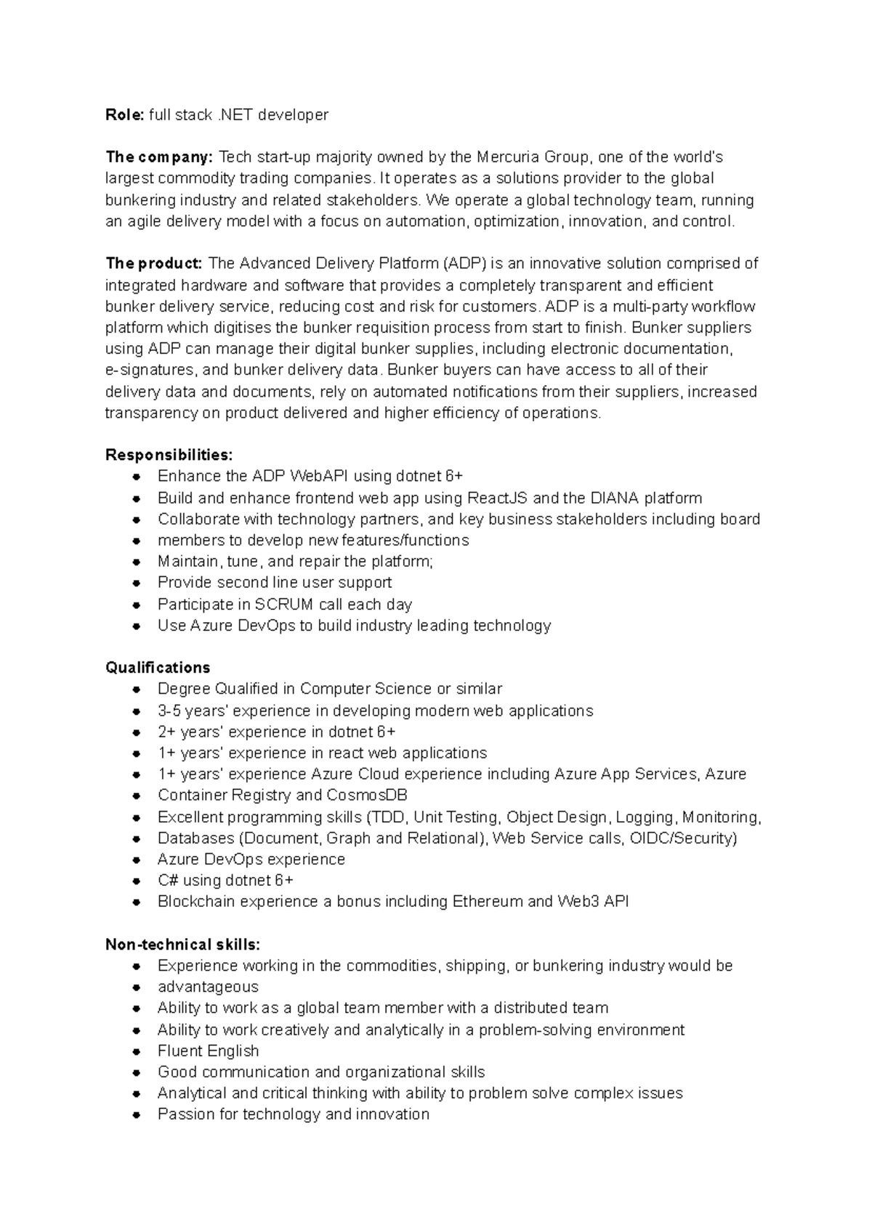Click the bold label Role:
click(125, 115)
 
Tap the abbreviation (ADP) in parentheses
click(464, 263)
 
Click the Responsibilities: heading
click(169, 455)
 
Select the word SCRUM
click(283, 605)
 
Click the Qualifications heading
click(158, 667)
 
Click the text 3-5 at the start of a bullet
click(169, 711)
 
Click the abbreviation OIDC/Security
click(683, 838)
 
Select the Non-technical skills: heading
click(182, 945)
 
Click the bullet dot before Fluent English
click(136, 1052)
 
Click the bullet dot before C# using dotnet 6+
click(136, 881)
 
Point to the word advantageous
click(208, 987)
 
